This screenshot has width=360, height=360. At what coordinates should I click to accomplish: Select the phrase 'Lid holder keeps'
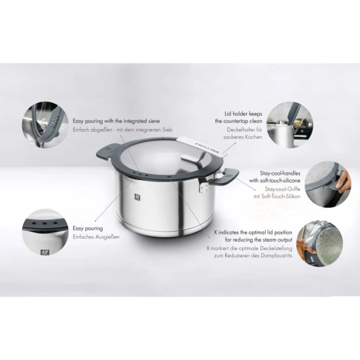[x=239, y=113]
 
